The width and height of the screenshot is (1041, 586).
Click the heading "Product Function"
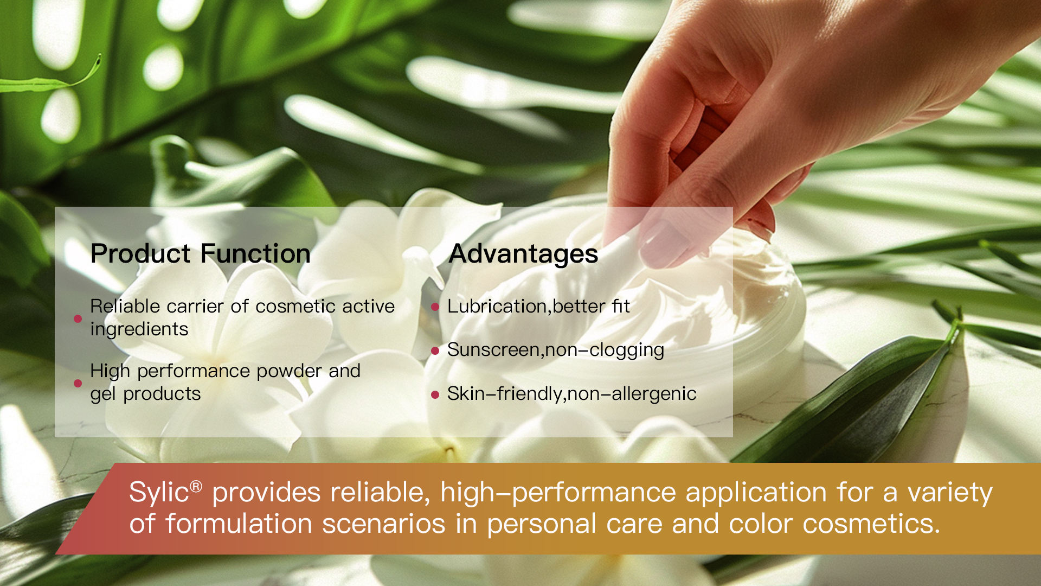point(200,254)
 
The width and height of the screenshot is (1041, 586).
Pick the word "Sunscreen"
point(494,350)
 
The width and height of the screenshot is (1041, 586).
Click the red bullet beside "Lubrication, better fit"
point(435,307)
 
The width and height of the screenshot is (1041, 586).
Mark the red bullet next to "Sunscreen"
point(435,351)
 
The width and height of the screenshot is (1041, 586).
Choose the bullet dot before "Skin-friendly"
point(435,394)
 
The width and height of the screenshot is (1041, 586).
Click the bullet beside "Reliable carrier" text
point(78,319)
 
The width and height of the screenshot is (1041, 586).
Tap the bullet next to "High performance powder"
point(78,383)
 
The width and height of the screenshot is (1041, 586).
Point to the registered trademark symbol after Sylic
point(196,486)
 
